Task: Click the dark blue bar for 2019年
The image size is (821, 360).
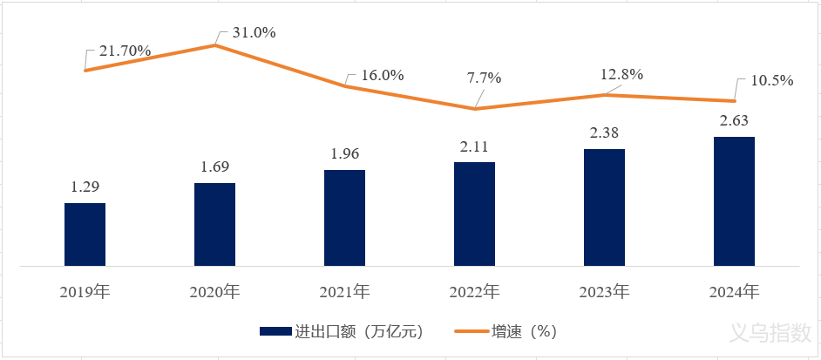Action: pyautogui.click(x=85, y=234)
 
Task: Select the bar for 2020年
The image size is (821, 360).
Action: pyautogui.click(x=214, y=224)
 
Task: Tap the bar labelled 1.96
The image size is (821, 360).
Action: pyautogui.click(x=344, y=218)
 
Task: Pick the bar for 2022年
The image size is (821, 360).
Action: pyautogui.click(x=474, y=214)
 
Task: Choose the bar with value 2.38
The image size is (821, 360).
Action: pyautogui.click(x=604, y=207)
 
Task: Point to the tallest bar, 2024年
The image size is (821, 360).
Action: pyautogui.click(x=734, y=201)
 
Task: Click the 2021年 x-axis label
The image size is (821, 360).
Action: pyautogui.click(x=344, y=291)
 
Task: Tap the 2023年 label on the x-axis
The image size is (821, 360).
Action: pyautogui.click(x=604, y=291)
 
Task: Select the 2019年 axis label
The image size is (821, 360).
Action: pyautogui.click(x=85, y=291)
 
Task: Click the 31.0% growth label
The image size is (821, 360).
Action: pyautogui.click(x=254, y=33)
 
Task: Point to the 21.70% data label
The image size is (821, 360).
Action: pyautogui.click(x=125, y=51)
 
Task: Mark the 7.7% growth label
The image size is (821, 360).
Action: pyautogui.click(x=484, y=78)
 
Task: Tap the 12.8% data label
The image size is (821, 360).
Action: pyautogui.click(x=621, y=74)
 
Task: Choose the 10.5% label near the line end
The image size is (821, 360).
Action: pyautogui.click(x=771, y=80)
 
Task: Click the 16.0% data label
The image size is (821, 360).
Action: pyautogui.click(x=382, y=75)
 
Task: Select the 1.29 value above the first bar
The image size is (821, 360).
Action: pyautogui.click(x=85, y=187)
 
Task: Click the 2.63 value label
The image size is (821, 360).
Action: pyautogui.click(x=734, y=120)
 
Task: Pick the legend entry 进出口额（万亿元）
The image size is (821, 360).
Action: pyautogui.click(x=341, y=331)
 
